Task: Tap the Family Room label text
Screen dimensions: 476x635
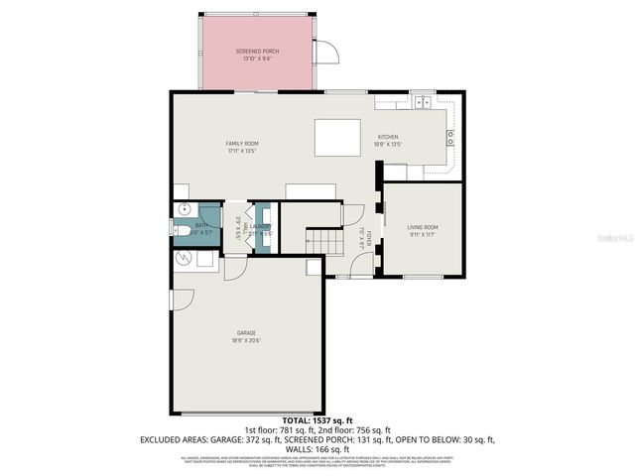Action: (242, 144)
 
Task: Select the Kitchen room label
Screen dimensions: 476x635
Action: (387, 137)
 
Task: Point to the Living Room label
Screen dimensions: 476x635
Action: (423, 227)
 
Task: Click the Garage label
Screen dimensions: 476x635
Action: (247, 333)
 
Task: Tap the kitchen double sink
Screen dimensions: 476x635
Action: (422, 100)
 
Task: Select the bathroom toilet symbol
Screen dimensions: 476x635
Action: (182, 230)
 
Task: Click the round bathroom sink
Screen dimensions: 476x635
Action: (183, 209)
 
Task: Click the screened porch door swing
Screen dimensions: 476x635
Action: (325, 55)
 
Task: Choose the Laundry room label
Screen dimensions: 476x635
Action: (260, 226)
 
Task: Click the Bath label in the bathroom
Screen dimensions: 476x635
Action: (201, 225)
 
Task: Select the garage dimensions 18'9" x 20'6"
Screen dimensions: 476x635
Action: (247, 340)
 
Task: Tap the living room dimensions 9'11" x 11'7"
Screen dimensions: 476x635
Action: (423, 234)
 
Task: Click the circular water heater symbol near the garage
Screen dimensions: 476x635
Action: (183, 258)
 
